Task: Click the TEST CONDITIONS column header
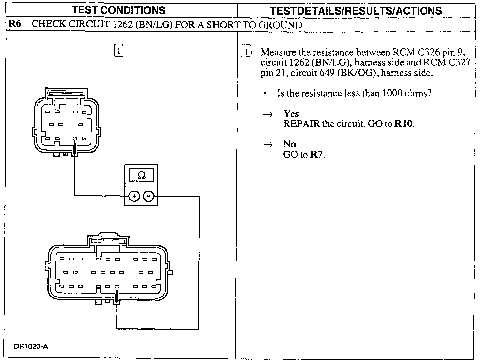(119, 10)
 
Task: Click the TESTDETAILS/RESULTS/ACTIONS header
(356, 11)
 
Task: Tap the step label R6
(15, 25)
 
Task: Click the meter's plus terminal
(134, 196)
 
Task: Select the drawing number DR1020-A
(31, 346)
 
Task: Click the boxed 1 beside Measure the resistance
(246, 52)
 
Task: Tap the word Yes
(291, 114)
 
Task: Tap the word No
(289, 144)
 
